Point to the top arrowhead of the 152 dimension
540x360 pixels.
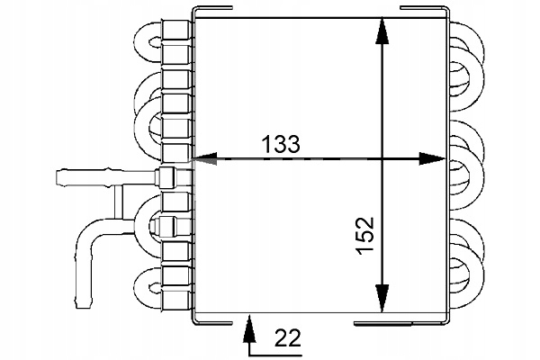(x=382, y=32)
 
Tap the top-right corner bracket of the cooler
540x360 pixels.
(x=432, y=11)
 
